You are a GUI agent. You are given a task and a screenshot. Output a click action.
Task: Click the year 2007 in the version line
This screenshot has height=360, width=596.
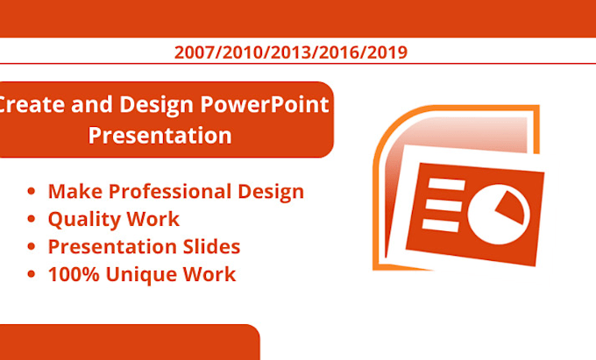(194, 53)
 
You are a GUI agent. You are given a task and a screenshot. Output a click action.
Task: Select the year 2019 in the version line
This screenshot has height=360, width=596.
(387, 53)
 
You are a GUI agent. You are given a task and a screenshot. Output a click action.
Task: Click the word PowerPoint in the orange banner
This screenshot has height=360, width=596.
(265, 104)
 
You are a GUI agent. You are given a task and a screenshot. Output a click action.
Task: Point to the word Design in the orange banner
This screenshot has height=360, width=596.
(157, 105)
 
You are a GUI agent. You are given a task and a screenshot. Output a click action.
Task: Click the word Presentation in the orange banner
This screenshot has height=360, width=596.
(160, 136)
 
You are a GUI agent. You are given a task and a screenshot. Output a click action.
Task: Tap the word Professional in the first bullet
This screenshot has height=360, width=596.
(169, 191)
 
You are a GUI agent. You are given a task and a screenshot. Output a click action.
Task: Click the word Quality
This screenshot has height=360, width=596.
(84, 220)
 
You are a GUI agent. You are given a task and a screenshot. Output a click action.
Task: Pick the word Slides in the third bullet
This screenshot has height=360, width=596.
(211, 246)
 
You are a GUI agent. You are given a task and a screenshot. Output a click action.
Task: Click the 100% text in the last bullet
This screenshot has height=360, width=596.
(74, 274)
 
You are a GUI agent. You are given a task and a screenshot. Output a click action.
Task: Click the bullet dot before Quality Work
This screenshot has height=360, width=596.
(32, 219)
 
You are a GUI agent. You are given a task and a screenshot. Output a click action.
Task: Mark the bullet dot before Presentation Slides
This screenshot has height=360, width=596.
(32, 246)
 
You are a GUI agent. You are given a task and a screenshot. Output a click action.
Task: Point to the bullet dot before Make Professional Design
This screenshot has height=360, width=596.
(32, 191)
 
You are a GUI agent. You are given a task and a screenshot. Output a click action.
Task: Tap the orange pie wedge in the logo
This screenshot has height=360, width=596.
(512, 207)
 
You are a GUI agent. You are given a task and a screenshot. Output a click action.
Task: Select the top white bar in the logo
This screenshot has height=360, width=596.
(447, 184)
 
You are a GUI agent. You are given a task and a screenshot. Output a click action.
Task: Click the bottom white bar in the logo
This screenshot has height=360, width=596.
(441, 225)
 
